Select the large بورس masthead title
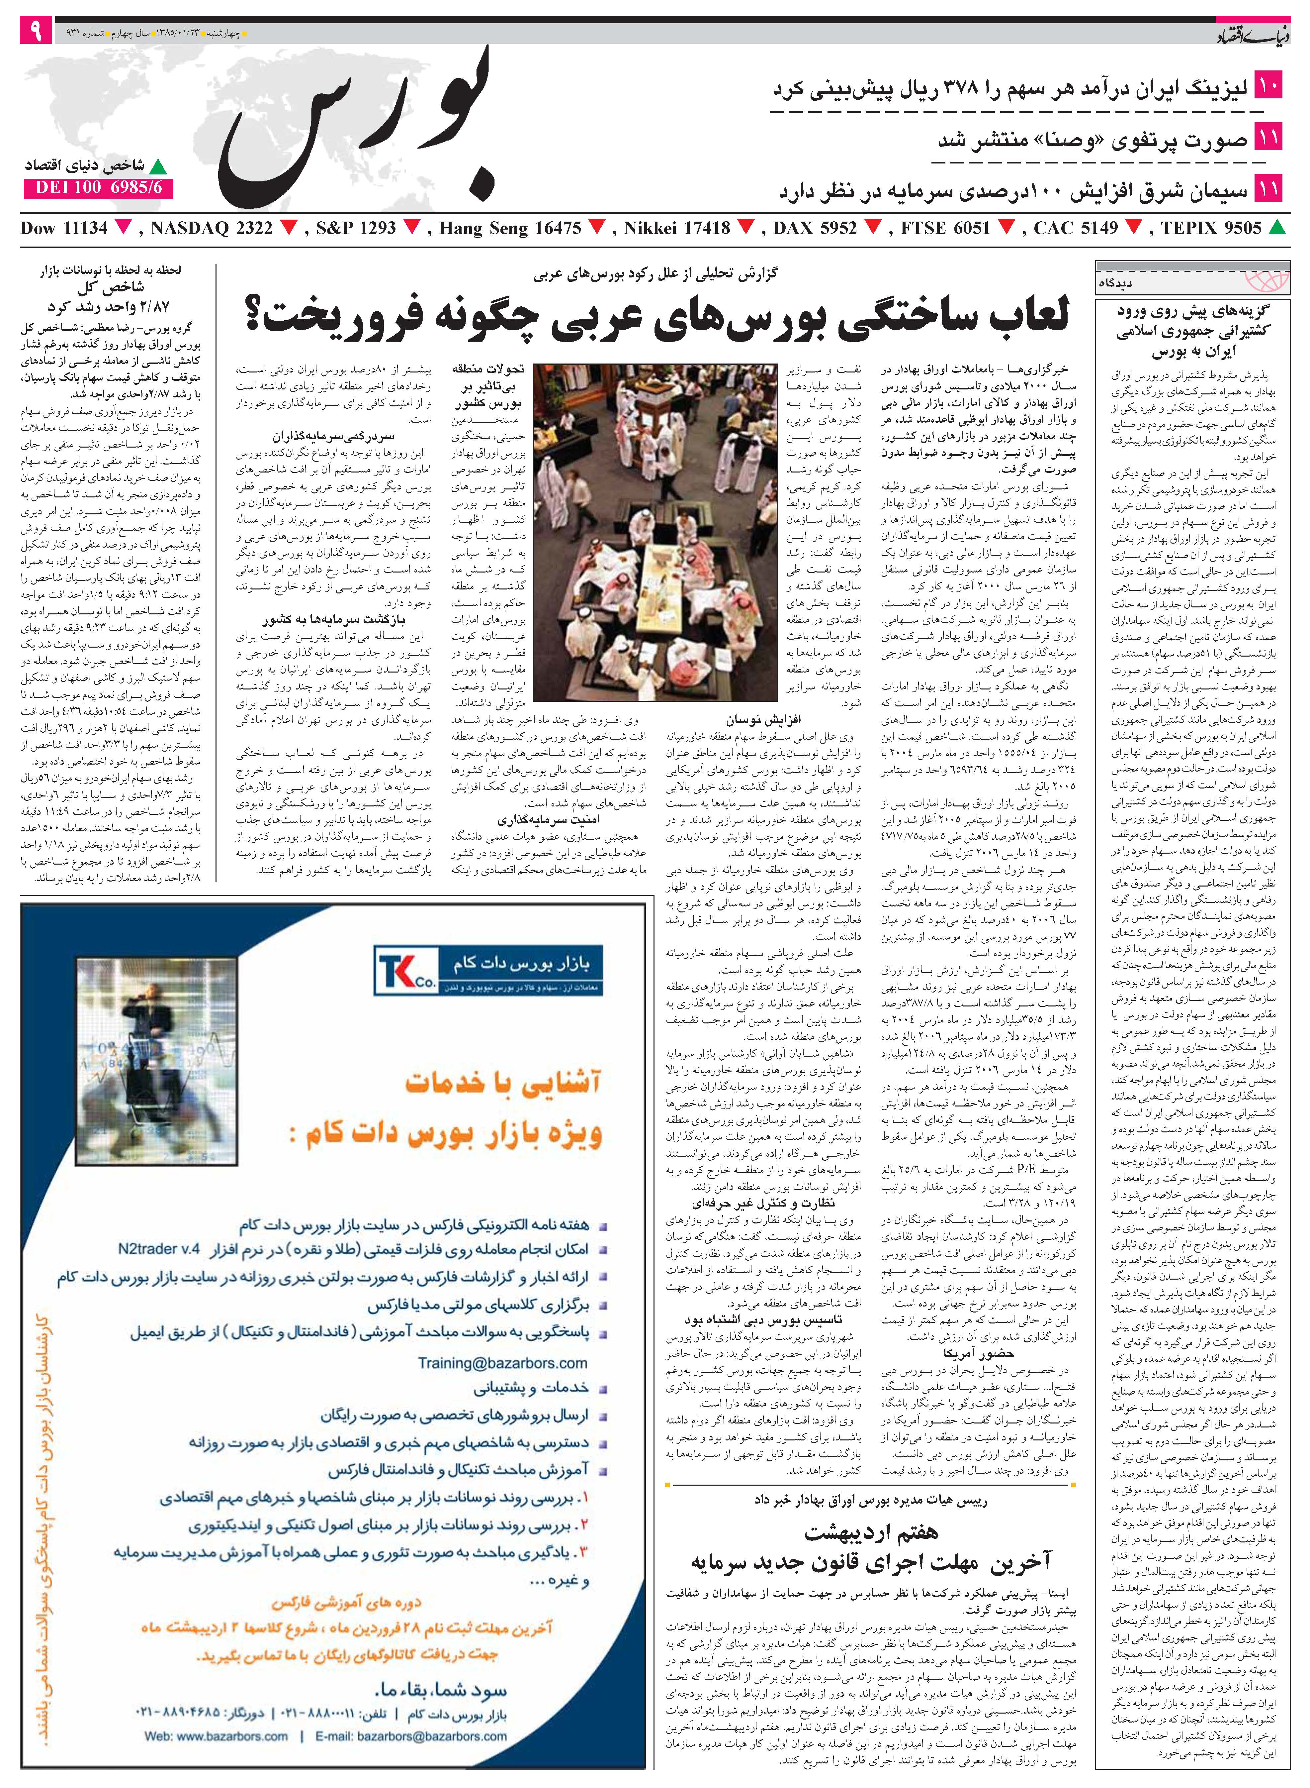point(357,127)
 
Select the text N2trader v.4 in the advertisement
point(159,1249)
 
